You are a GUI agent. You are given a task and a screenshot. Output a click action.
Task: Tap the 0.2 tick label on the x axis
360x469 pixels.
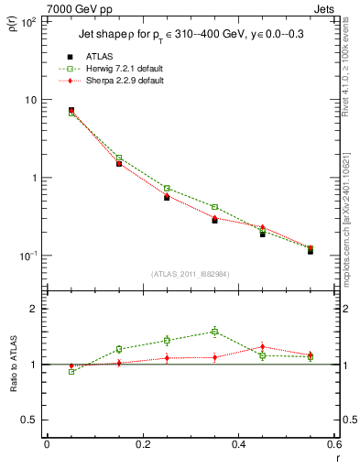pyautogui.click(x=141, y=444)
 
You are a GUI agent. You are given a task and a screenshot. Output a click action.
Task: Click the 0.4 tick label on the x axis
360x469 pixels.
pyautogui.click(x=238, y=444)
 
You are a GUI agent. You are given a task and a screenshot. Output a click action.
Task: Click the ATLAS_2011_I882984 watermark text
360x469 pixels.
pyautogui.click(x=191, y=274)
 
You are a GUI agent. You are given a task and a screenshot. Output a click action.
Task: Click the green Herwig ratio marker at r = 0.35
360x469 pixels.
pyautogui.click(x=214, y=332)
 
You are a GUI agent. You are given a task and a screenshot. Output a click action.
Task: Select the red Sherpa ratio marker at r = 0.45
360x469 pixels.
pyautogui.click(x=262, y=347)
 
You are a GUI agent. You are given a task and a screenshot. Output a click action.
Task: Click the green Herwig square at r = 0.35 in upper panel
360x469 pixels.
pyautogui.click(x=214, y=207)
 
